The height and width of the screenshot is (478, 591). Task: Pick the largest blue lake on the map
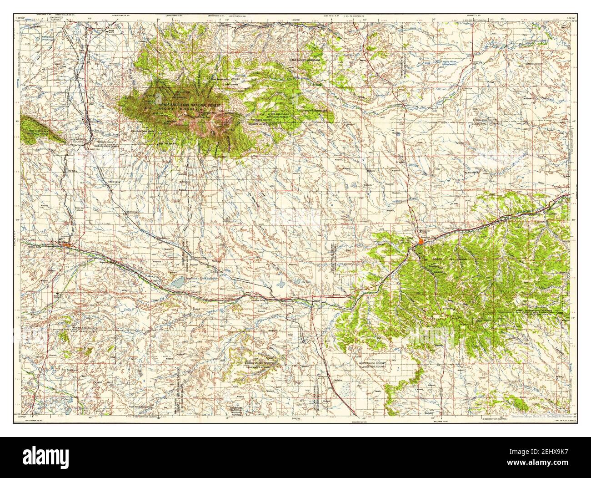coord(178,282)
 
